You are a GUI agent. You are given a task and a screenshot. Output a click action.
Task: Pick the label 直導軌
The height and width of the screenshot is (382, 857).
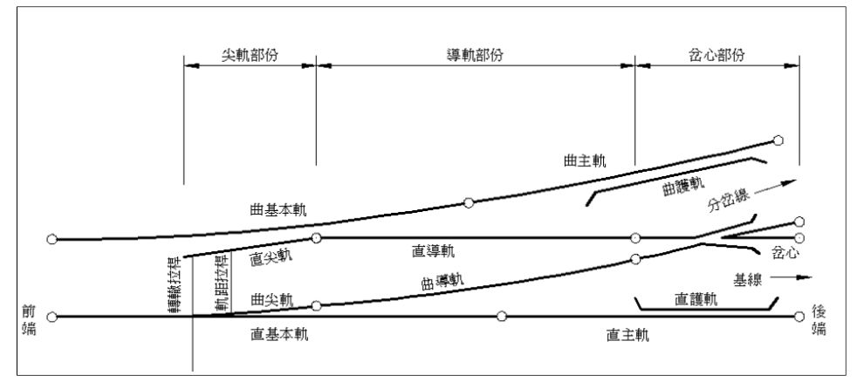pos(433,252)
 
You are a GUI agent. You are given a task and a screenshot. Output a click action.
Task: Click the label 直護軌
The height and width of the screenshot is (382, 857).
pos(696,299)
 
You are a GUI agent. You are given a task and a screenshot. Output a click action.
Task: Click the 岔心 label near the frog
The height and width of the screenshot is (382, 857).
pos(785,253)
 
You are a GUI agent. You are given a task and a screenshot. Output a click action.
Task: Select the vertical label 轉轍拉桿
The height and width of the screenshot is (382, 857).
pos(174,277)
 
